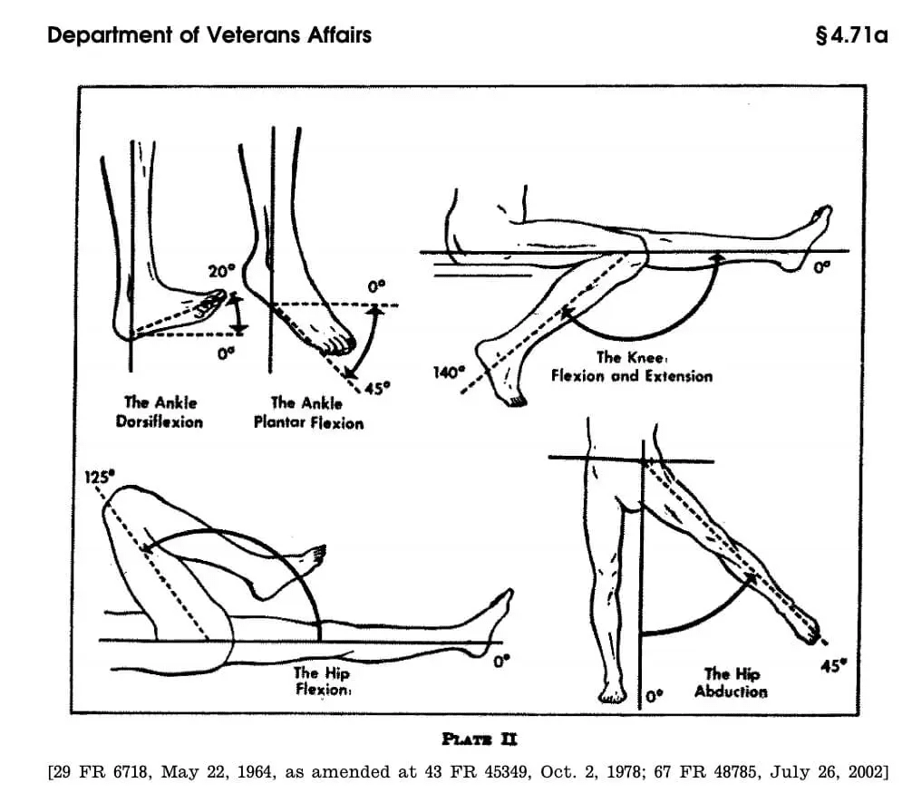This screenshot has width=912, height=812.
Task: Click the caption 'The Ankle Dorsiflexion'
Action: [163, 411]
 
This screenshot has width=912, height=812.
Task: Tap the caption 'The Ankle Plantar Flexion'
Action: [307, 412]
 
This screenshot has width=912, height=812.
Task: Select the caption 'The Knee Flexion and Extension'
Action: [632, 366]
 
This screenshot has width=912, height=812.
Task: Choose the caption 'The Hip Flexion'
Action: [322, 681]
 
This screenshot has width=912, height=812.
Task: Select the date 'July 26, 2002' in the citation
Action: [826, 772]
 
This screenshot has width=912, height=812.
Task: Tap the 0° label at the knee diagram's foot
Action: [820, 267]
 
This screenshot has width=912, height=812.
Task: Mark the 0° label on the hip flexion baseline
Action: [501, 662]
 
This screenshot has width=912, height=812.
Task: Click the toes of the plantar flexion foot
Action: [340, 345]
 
